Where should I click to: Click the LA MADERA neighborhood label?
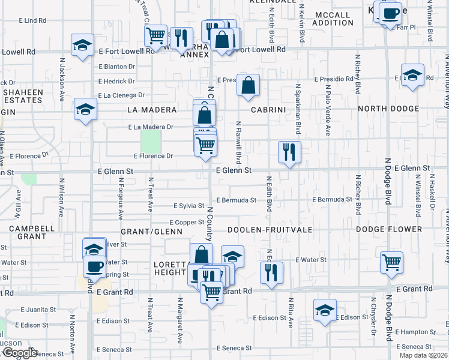click(152, 110)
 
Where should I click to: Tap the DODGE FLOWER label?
click(389, 230)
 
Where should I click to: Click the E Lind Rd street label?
click(34, 20)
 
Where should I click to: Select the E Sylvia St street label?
click(188, 206)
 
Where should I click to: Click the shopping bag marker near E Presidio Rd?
click(248, 85)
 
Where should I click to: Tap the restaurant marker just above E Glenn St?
click(289, 152)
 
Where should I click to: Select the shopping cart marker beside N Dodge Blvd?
click(391, 262)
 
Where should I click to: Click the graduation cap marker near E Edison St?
click(325, 310)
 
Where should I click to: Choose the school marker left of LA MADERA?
click(85, 110)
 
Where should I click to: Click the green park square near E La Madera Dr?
click(151, 142)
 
